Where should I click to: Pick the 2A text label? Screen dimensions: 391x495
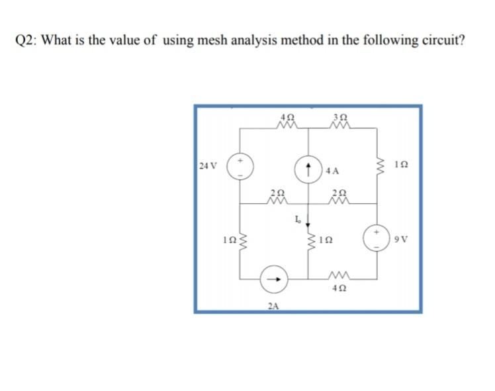273,305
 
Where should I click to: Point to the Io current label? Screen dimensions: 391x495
298,218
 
